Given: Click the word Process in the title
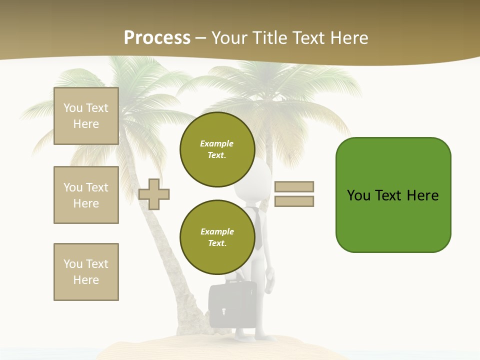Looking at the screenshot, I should (157, 38).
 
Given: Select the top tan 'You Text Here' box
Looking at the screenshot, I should (86, 116).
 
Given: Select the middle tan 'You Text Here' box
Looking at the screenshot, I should (86, 195).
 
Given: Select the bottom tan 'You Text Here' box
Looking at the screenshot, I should (86, 271).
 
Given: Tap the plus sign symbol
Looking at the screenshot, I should (154, 194).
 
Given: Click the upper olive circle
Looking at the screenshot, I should (217, 149).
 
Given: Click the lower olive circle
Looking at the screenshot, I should (217, 237).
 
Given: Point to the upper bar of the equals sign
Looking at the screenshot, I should (294, 186).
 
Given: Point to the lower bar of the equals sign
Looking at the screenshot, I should (294, 201).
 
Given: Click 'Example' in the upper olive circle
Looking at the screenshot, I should (216, 143).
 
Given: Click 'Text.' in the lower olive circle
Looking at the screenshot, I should (217, 243).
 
